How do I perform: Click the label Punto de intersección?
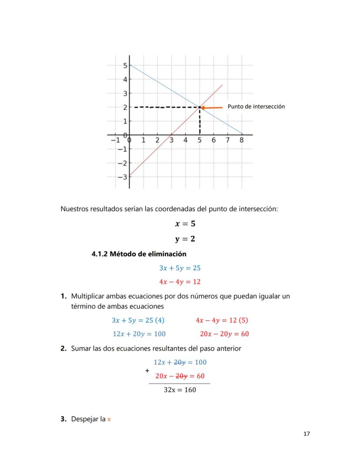[256, 107]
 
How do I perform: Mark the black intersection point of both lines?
[200, 107]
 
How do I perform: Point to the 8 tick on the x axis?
[242, 140]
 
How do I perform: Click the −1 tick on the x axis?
[114, 140]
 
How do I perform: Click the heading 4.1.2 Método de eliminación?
[139, 254]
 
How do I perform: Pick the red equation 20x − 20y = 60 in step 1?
[224, 334]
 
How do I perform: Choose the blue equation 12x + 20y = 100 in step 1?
[139, 334]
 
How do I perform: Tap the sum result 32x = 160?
[180, 390]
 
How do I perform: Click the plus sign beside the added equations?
[147, 371]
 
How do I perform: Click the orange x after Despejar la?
[109, 419]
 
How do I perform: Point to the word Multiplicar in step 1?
[87, 296]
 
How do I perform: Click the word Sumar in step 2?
[81, 349]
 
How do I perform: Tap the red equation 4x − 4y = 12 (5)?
[222, 320]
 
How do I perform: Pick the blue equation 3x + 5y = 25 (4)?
[138, 320]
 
